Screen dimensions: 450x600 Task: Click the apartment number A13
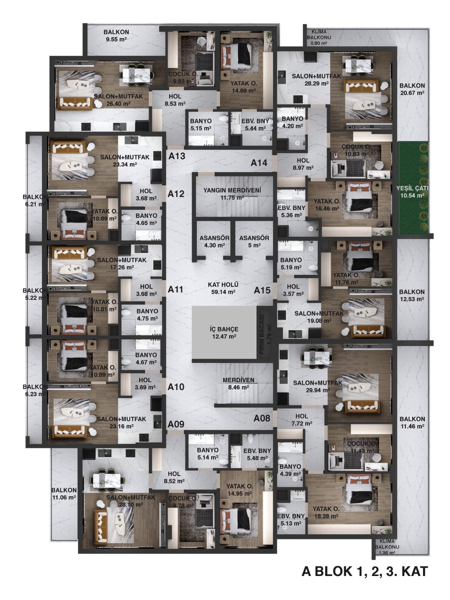click(x=177, y=156)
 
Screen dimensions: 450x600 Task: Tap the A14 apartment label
click(x=259, y=163)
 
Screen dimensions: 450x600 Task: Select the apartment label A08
click(x=262, y=418)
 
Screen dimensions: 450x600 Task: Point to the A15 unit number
click(x=262, y=290)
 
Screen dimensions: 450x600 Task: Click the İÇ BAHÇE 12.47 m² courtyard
click(x=224, y=332)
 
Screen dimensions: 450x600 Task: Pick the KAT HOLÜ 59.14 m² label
click(x=223, y=288)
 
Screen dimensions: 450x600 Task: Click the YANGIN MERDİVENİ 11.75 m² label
click(x=232, y=193)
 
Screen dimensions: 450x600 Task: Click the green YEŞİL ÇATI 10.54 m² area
click(x=412, y=188)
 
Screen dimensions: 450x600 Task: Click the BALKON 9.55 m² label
click(x=116, y=36)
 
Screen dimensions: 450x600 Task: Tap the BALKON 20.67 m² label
click(x=412, y=89)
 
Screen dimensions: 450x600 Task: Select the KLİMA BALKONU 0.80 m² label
click(x=319, y=37)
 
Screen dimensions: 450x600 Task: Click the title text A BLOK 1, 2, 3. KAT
click(x=364, y=571)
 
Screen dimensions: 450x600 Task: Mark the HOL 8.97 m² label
click(x=303, y=164)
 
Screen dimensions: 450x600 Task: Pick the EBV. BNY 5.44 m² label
click(x=255, y=124)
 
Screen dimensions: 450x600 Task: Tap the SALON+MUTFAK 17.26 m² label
click(x=122, y=264)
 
